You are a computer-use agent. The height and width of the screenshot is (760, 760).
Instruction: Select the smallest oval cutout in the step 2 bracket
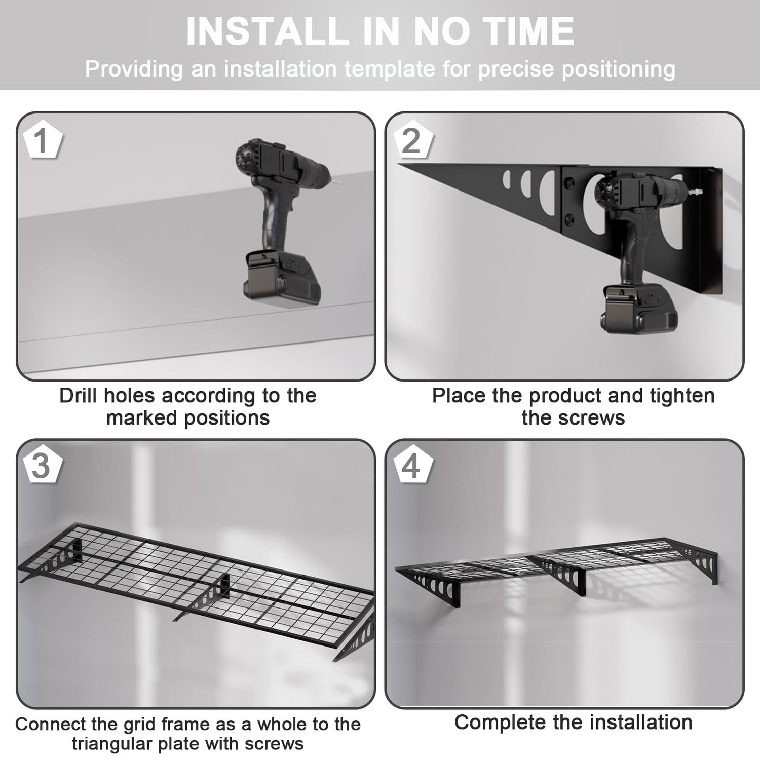coord(506,180)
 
